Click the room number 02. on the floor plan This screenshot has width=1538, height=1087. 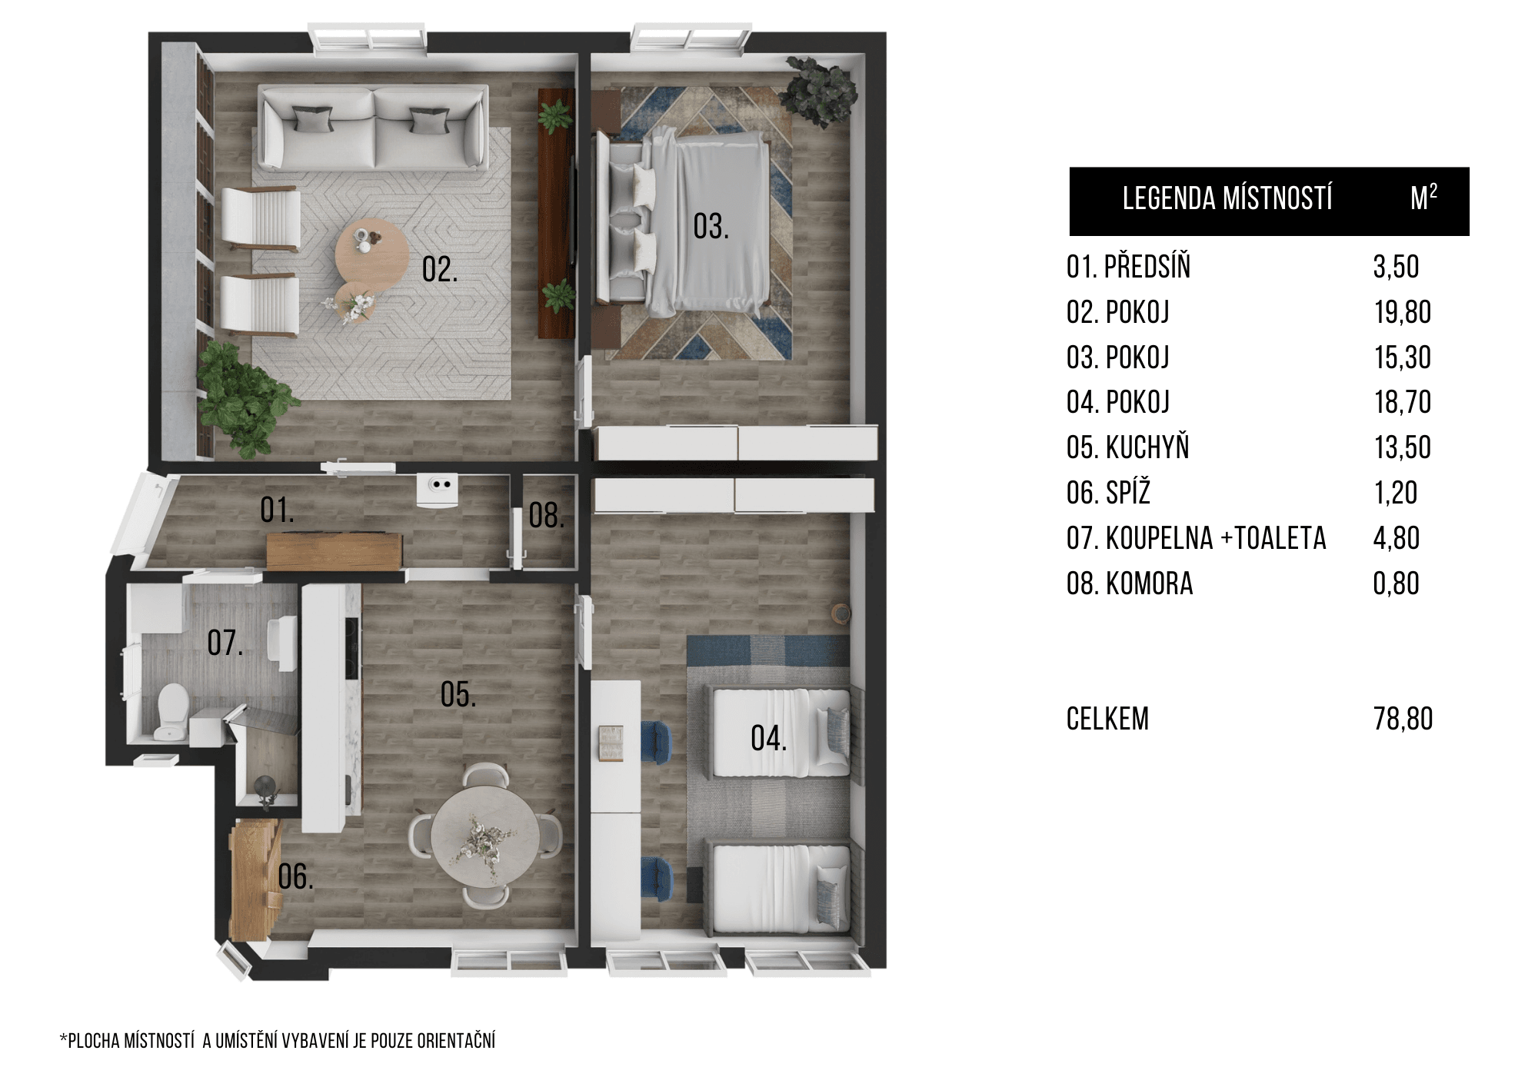[x=440, y=270]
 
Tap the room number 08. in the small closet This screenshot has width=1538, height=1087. [x=547, y=515]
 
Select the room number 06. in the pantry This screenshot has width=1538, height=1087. [x=296, y=876]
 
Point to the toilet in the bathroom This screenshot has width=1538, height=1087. [x=170, y=711]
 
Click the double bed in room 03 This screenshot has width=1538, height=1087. [x=683, y=223]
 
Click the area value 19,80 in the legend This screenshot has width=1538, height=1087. [x=1403, y=312]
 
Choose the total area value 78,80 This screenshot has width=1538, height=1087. [x=1403, y=719]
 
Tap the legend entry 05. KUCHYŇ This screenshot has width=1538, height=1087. [x=1128, y=447]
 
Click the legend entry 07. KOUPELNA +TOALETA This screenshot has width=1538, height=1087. [x=1197, y=538]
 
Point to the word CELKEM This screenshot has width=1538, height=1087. [x=1108, y=719]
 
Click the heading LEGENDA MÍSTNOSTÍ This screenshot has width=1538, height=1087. [x=1227, y=198]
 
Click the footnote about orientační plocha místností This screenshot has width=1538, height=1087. [x=278, y=1041]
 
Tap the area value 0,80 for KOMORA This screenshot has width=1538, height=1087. [x=1397, y=583]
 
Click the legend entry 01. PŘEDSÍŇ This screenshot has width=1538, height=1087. [x=1129, y=267]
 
